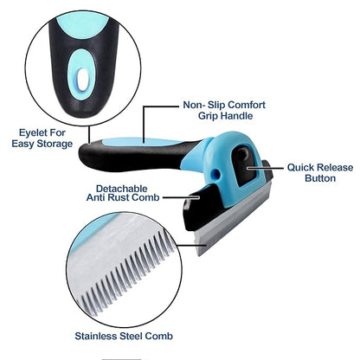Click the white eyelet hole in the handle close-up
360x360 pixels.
[83, 80]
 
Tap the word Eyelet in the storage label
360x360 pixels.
[34, 133]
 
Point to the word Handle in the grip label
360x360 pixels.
[238, 116]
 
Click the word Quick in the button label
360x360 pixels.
[301, 168]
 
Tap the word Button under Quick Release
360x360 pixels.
[320, 178]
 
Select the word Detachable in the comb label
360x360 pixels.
[121, 189]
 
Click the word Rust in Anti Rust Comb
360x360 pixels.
[119, 197]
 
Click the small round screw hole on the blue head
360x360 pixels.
[215, 173]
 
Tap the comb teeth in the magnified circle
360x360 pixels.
[127, 274]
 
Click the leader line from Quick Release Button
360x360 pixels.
[266, 168]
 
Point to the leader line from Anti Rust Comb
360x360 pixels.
[181, 197]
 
